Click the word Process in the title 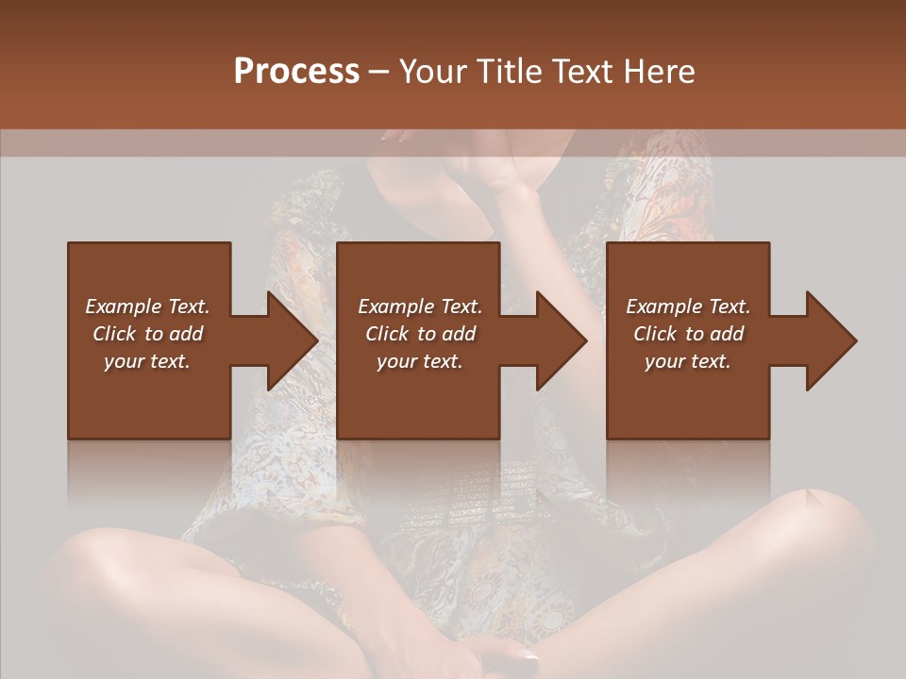[x=296, y=71]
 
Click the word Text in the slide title [x=582, y=71]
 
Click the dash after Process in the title [x=378, y=73]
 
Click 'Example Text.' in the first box [x=147, y=306]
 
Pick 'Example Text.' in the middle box [x=420, y=306]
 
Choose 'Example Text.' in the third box [x=688, y=306]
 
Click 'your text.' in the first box [x=147, y=361]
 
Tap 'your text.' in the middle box [x=420, y=361]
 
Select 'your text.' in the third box [x=688, y=361]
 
